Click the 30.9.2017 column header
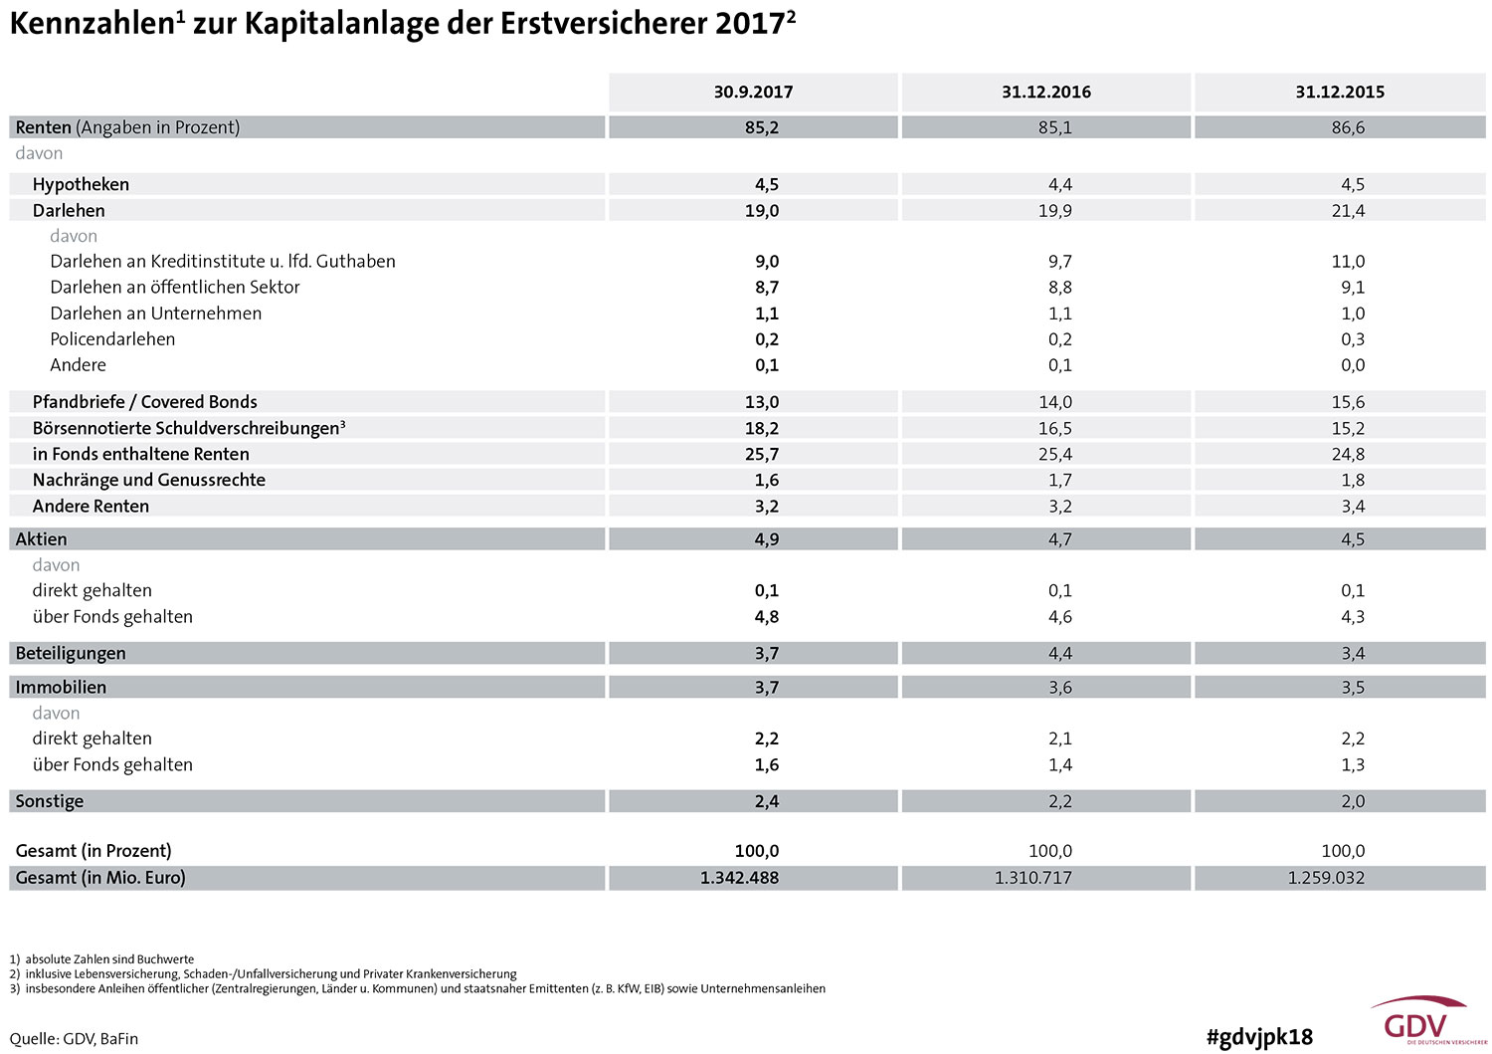point(753,92)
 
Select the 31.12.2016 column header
point(1046,92)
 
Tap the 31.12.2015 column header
point(1340,92)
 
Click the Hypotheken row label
point(81,185)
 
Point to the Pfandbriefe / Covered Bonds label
point(144,402)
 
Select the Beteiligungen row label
point(71,653)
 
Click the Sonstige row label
point(50,801)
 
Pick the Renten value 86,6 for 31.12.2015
point(1348,127)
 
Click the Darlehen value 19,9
point(1055,211)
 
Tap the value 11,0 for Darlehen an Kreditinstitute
point(1348,262)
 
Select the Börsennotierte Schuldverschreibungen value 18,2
point(762,428)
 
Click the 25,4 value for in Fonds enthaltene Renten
point(1055,454)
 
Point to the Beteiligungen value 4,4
point(1059,653)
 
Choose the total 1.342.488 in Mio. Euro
point(739,878)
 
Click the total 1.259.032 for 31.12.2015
point(1326,878)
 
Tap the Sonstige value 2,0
point(1353,801)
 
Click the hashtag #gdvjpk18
point(1259,1037)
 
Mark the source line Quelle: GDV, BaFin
point(74,1039)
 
